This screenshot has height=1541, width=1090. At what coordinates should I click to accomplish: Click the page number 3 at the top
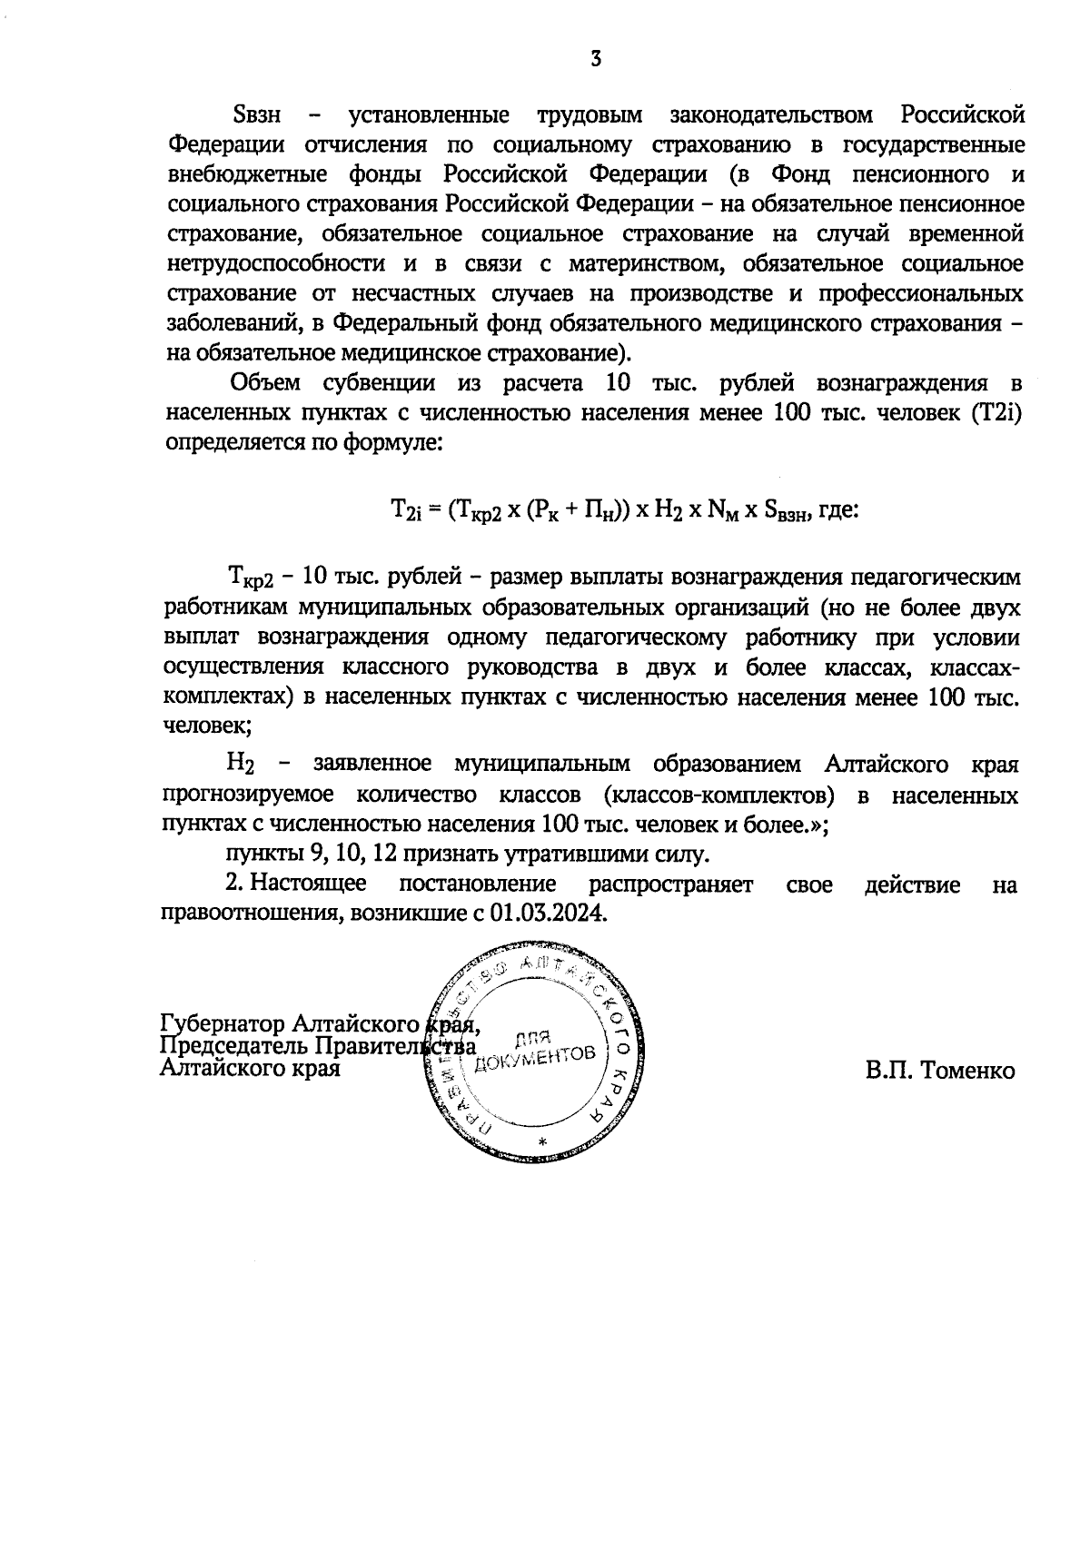pyautogui.click(x=595, y=60)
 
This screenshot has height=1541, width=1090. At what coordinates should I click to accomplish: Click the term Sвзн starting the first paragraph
pyautogui.click(x=257, y=115)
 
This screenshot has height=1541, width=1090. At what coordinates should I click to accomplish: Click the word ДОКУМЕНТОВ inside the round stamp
pyautogui.click(x=550, y=1058)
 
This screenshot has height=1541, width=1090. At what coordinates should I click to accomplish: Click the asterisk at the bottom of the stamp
pyautogui.click(x=542, y=1141)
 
